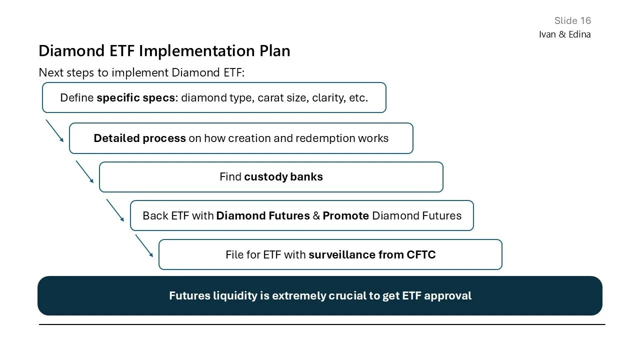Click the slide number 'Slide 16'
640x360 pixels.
tap(572, 20)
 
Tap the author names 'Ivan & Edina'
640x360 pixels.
tap(564, 34)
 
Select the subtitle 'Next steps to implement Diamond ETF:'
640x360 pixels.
tap(141, 72)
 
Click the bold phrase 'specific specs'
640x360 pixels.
tap(136, 98)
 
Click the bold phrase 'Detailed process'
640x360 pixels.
tap(139, 138)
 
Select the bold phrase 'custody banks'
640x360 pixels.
tap(283, 177)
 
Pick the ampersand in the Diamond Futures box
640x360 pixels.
tap(316, 216)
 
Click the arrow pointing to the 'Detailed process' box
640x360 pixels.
tap(55, 130)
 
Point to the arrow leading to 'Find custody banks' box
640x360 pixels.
tap(85, 171)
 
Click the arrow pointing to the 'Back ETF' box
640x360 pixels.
tap(115, 210)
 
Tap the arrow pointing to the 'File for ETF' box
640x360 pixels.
tap(144, 246)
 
